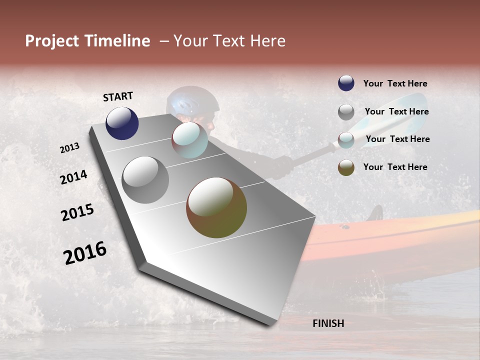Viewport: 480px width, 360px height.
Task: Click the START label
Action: (118, 96)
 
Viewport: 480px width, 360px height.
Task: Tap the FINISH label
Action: (328, 323)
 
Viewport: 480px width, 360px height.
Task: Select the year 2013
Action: (69, 148)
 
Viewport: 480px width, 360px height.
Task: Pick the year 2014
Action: (73, 177)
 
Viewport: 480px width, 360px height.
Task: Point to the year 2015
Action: (77, 212)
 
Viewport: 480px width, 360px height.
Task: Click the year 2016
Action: (85, 253)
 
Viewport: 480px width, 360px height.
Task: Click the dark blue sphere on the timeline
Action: (122, 123)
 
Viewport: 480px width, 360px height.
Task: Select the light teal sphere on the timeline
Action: (189, 140)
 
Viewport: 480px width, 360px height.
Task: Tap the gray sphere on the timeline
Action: (145, 180)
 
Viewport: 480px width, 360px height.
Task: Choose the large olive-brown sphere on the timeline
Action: (216, 207)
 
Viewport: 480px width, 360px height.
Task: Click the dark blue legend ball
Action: (346, 83)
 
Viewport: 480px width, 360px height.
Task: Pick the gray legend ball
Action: (346, 112)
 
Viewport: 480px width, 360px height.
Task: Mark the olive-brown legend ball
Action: (346, 167)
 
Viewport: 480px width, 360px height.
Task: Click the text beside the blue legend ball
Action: (395, 83)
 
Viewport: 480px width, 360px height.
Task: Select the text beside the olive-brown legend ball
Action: (395, 167)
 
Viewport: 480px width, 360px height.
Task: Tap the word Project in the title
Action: (51, 41)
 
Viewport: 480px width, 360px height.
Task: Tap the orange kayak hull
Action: (400, 237)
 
